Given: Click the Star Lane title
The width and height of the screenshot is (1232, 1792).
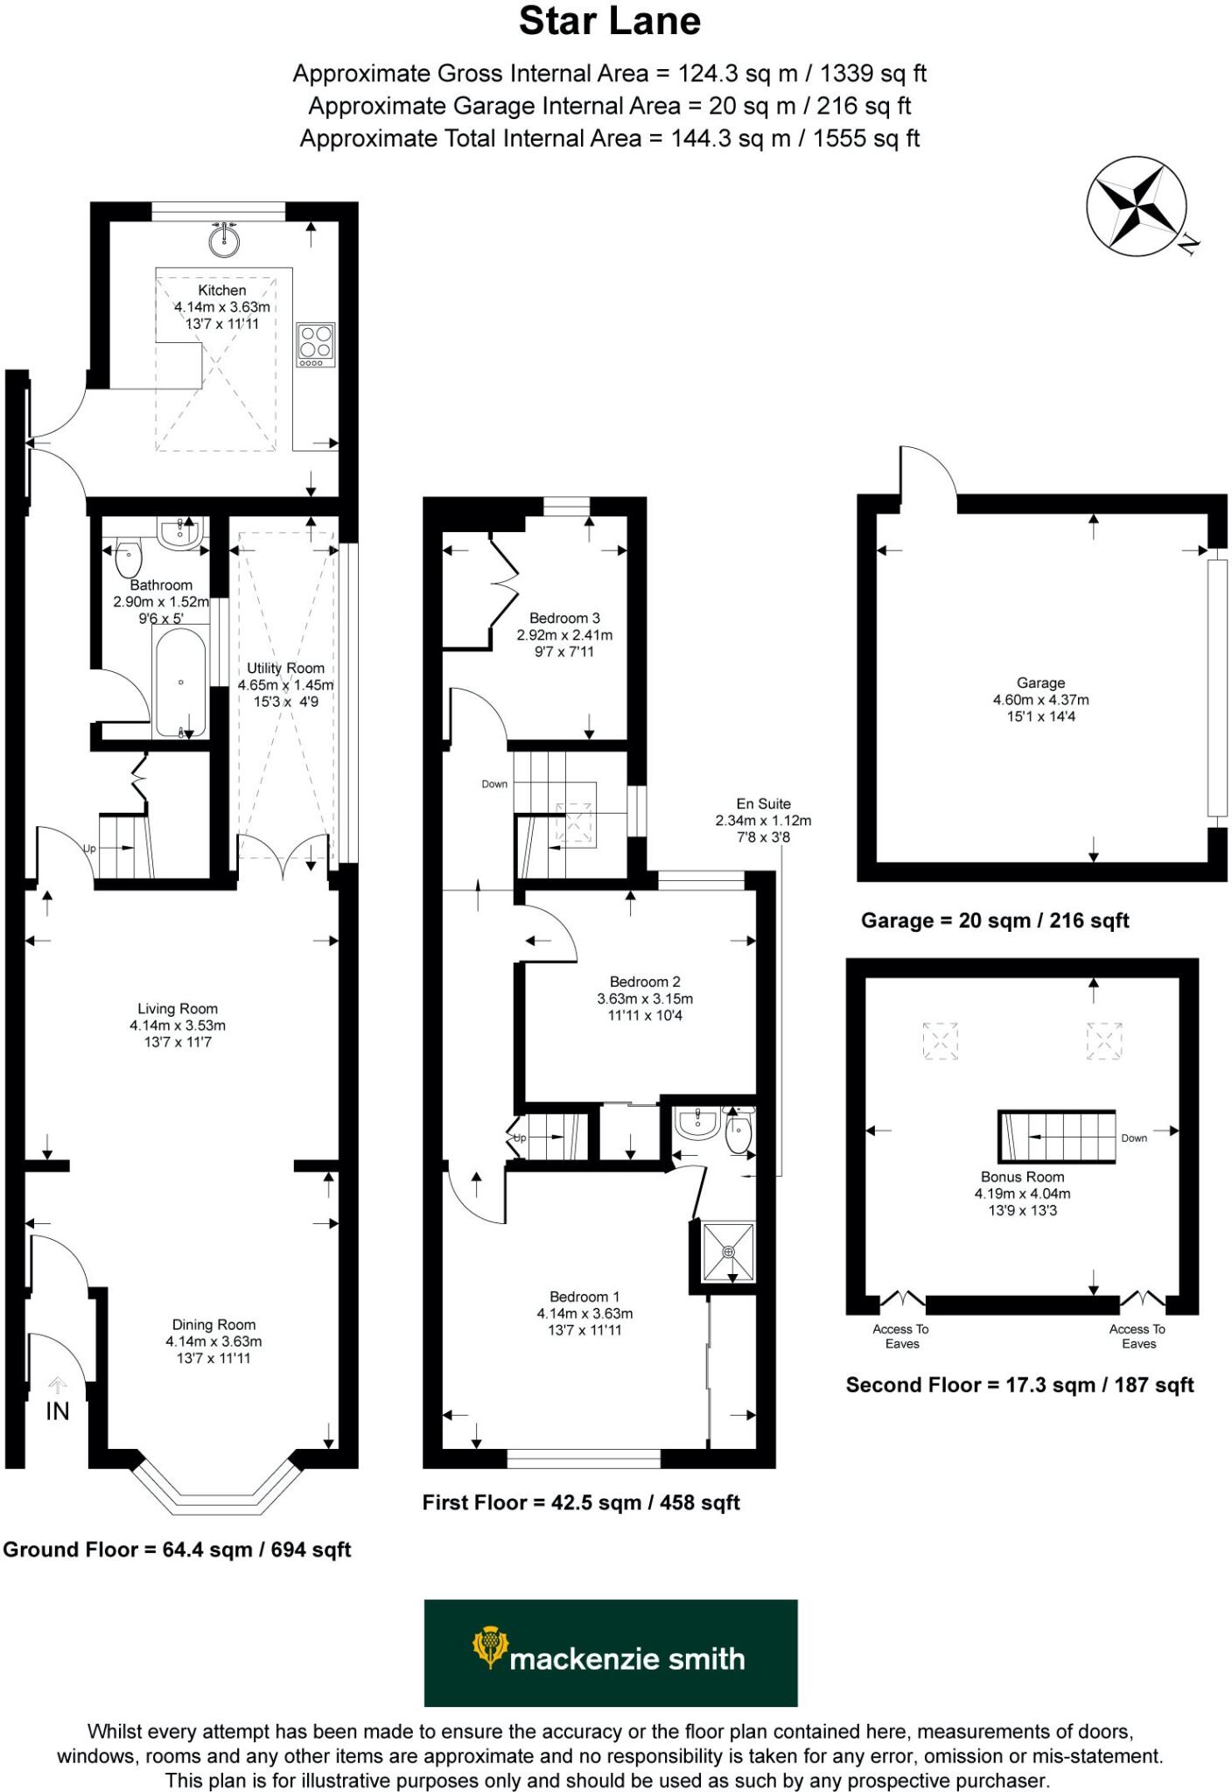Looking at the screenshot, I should (x=609, y=22).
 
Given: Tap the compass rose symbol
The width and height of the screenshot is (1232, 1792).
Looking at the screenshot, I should (x=1137, y=207).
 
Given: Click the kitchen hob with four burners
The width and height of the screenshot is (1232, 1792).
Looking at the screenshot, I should (x=316, y=344).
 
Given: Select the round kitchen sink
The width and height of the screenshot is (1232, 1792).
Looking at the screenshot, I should (x=225, y=239).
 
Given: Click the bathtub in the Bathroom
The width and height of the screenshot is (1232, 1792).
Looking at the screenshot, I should (x=181, y=682).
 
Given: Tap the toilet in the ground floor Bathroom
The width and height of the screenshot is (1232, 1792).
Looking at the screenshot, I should (x=129, y=556).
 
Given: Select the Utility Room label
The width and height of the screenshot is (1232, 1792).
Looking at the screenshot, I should (x=285, y=668).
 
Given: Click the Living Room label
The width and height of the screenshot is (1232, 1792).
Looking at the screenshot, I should (x=178, y=1009).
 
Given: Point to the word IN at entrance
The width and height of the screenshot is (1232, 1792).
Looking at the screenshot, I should (x=58, y=1410).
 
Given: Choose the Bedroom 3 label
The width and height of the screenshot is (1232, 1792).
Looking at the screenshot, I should (x=564, y=619).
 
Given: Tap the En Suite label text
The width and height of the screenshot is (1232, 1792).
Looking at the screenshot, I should (x=763, y=804).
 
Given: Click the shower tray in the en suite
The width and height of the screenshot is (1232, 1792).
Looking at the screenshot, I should (x=729, y=1252).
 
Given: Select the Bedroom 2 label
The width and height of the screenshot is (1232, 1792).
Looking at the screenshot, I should (x=645, y=983).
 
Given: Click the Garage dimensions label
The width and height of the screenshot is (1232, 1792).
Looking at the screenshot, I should (x=1040, y=700).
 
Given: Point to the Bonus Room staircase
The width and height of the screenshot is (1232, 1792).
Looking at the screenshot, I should (x=1057, y=1137).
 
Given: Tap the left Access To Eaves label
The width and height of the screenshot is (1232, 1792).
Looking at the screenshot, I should (x=900, y=1336).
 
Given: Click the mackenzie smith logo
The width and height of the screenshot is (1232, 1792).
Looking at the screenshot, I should (x=611, y=1653).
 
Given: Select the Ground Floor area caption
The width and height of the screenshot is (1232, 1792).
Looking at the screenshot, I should (x=177, y=1550).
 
